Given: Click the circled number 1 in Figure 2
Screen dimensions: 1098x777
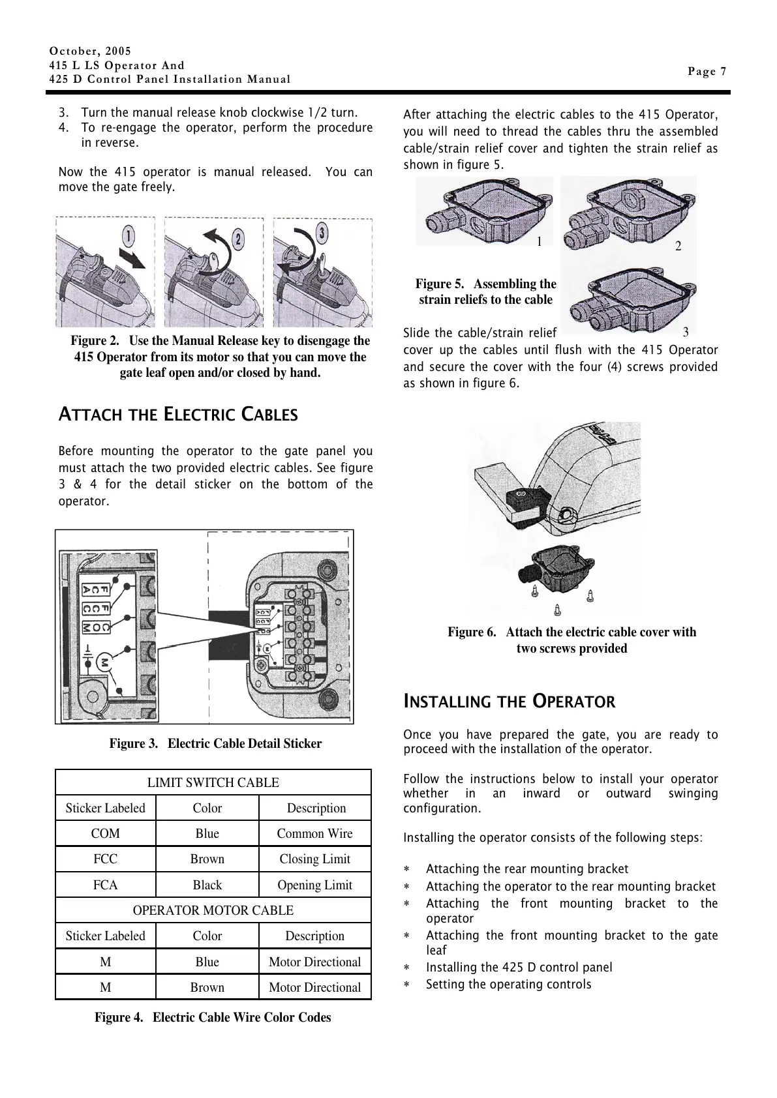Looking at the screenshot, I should pos(130,233).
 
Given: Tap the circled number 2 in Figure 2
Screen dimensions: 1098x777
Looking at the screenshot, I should pos(239,239).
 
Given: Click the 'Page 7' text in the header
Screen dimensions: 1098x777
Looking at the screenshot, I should pos(707,72).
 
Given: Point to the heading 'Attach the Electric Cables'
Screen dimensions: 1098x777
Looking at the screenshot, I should pos(178,415).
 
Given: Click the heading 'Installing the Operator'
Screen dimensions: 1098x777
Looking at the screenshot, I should pos(509,702).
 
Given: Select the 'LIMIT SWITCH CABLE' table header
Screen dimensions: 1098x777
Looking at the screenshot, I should pos(213,782).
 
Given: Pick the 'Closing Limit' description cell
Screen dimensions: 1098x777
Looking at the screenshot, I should pos(314,859).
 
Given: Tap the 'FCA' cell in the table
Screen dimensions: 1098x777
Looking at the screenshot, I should pos(106,885).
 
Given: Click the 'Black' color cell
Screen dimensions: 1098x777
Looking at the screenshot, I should pos(207,885).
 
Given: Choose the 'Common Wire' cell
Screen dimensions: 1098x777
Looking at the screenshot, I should pos(314,833).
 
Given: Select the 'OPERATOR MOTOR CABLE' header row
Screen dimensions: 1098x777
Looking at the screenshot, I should pos(213,910).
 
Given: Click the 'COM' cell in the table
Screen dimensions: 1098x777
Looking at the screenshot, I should pos(106,833).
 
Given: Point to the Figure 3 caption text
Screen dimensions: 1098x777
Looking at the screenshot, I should pos(215,743).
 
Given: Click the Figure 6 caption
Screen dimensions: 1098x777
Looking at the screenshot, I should pos(571,640).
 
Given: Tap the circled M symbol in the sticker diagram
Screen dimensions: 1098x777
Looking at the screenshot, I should pos(104,662).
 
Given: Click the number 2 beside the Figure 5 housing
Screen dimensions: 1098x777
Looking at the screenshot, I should pos(678,246).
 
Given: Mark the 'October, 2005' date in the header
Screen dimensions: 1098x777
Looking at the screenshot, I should pos(90,51).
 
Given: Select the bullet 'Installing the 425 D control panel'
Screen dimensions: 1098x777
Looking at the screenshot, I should pos(519,968).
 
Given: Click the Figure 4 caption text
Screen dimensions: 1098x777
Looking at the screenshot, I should pos(213,1017).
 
